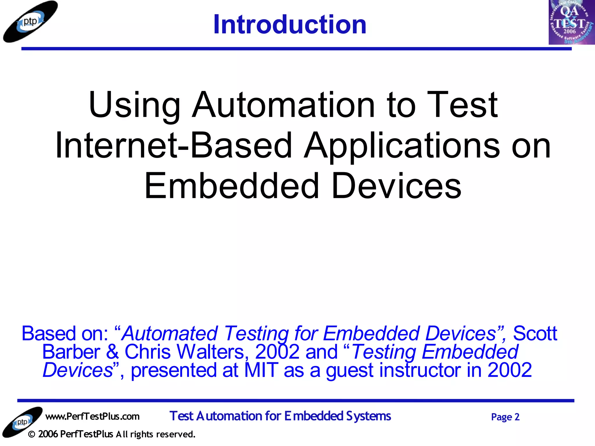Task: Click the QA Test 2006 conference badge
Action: click(x=571, y=23)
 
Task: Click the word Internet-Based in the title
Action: click(x=173, y=145)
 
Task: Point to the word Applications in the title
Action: click(x=402, y=145)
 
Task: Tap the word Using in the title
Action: click(x=135, y=105)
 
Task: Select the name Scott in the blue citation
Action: click(x=535, y=333)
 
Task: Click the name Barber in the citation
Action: click(x=71, y=352)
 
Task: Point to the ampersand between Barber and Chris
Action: click(x=112, y=352)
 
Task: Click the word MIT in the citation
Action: click(x=261, y=371)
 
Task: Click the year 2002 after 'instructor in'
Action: click(x=510, y=371)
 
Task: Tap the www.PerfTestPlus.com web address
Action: click(x=92, y=416)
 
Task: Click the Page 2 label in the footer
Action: click(x=505, y=417)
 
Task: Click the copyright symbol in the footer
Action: click(x=32, y=434)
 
